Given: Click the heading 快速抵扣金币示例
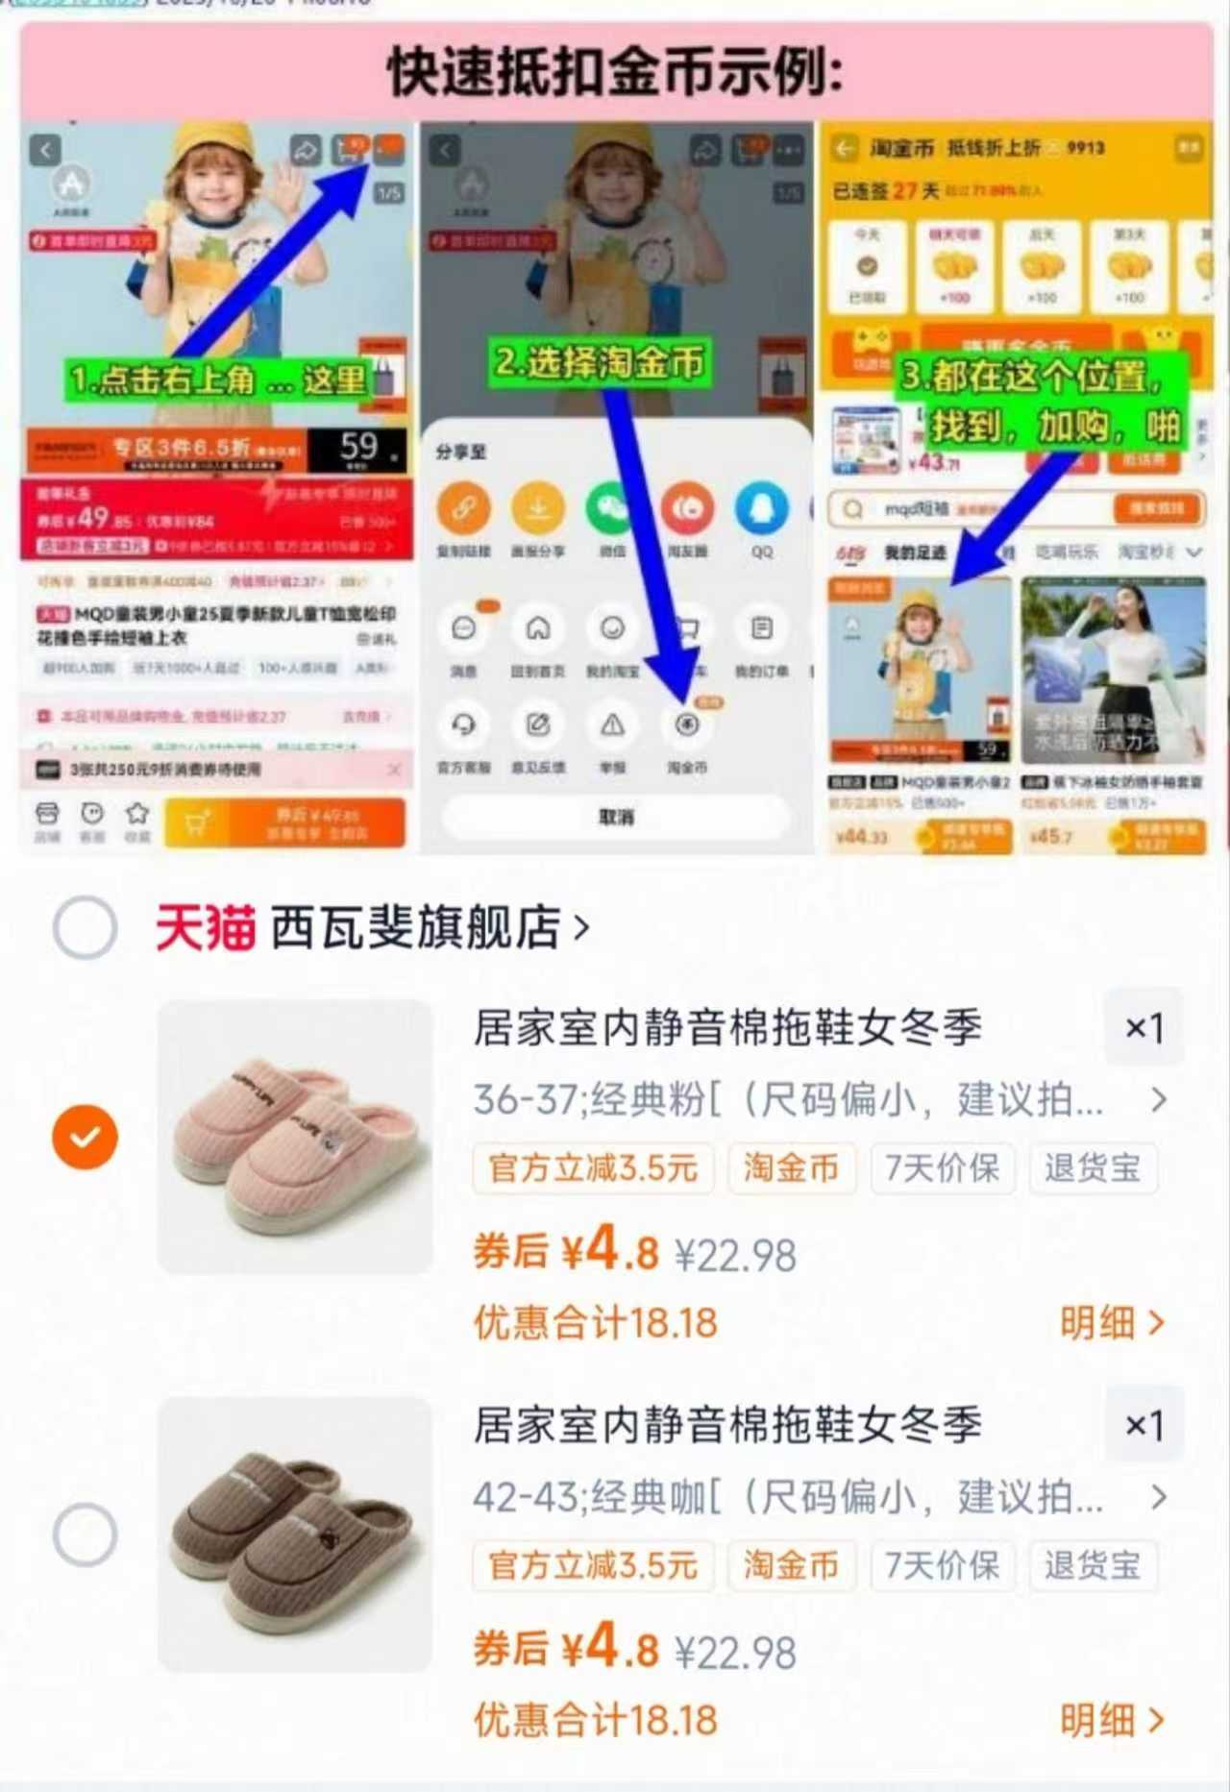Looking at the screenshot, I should [615, 72].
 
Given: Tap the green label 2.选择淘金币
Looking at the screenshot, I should [599, 362].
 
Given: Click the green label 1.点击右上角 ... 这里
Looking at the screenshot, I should [217, 380].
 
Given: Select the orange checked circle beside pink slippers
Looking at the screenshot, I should [85, 1137].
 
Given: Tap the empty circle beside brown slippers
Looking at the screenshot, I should [85, 1534].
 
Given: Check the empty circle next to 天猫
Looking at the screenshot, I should [85, 927].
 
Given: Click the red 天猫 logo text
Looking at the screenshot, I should [205, 928].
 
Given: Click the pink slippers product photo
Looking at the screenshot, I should [295, 1137].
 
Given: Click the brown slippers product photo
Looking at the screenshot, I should [295, 1534].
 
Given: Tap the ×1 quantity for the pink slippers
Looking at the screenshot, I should [1144, 1028].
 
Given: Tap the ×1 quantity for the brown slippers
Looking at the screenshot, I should [1144, 1425].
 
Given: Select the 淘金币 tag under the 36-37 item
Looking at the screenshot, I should [791, 1168].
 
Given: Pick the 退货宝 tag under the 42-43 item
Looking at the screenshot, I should [1093, 1565].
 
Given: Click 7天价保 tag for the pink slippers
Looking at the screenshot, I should [942, 1168].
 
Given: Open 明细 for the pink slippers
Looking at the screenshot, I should [1111, 1323].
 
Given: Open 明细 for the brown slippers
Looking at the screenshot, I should [1111, 1720].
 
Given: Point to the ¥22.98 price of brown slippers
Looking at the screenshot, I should [735, 1653].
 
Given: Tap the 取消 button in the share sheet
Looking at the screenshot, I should [615, 817].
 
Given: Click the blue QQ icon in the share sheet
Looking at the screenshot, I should [761, 509].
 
